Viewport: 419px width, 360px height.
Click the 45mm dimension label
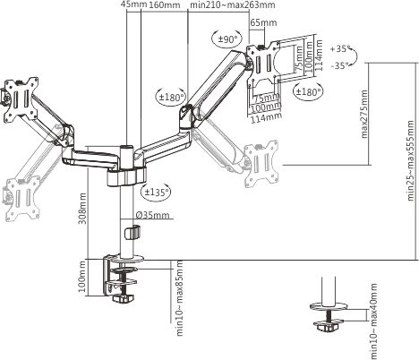click(x=134, y=4)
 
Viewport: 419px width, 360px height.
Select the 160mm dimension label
click(x=165, y=5)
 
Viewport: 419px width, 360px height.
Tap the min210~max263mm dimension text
click(x=233, y=5)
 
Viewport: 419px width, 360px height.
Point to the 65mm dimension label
click(x=263, y=22)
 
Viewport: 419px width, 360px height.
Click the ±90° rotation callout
click(x=227, y=39)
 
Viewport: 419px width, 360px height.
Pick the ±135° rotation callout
click(x=156, y=192)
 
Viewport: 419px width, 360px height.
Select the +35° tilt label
click(x=340, y=49)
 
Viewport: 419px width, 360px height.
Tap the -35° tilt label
click(x=340, y=65)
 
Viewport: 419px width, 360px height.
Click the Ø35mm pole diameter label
click(x=152, y=215)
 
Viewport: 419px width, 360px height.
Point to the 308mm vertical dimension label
click(x=82, y=209)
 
